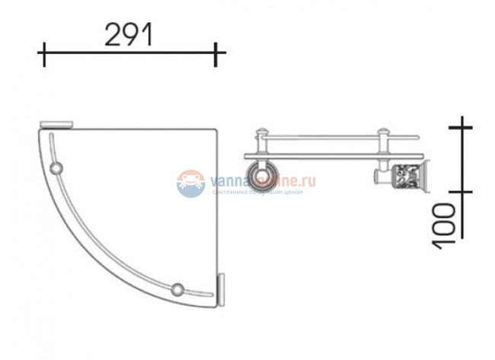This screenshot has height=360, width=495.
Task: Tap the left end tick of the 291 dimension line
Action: coord(43,55)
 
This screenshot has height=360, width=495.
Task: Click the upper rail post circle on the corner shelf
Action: coord(56,167)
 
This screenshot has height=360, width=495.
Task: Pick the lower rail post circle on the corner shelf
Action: coord(178,288)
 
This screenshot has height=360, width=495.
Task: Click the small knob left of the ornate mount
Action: coord(376,178)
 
